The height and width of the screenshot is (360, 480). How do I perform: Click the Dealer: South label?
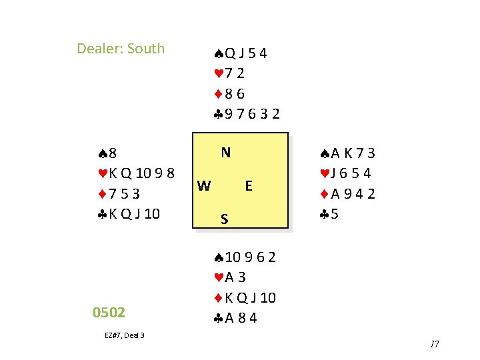[121, 49]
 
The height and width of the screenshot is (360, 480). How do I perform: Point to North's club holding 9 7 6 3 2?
[247, 114]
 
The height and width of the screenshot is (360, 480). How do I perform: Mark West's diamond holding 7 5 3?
[117, 193]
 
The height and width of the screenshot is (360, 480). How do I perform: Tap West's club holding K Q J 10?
[128, 214]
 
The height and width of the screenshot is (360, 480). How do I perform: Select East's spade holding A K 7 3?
[347, 153]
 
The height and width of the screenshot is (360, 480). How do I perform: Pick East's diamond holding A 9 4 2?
[347, 194]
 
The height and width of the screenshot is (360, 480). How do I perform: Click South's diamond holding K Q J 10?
[245, 297]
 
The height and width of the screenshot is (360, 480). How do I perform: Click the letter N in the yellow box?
[226, 153]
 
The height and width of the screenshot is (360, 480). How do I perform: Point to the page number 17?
[435, 344]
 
